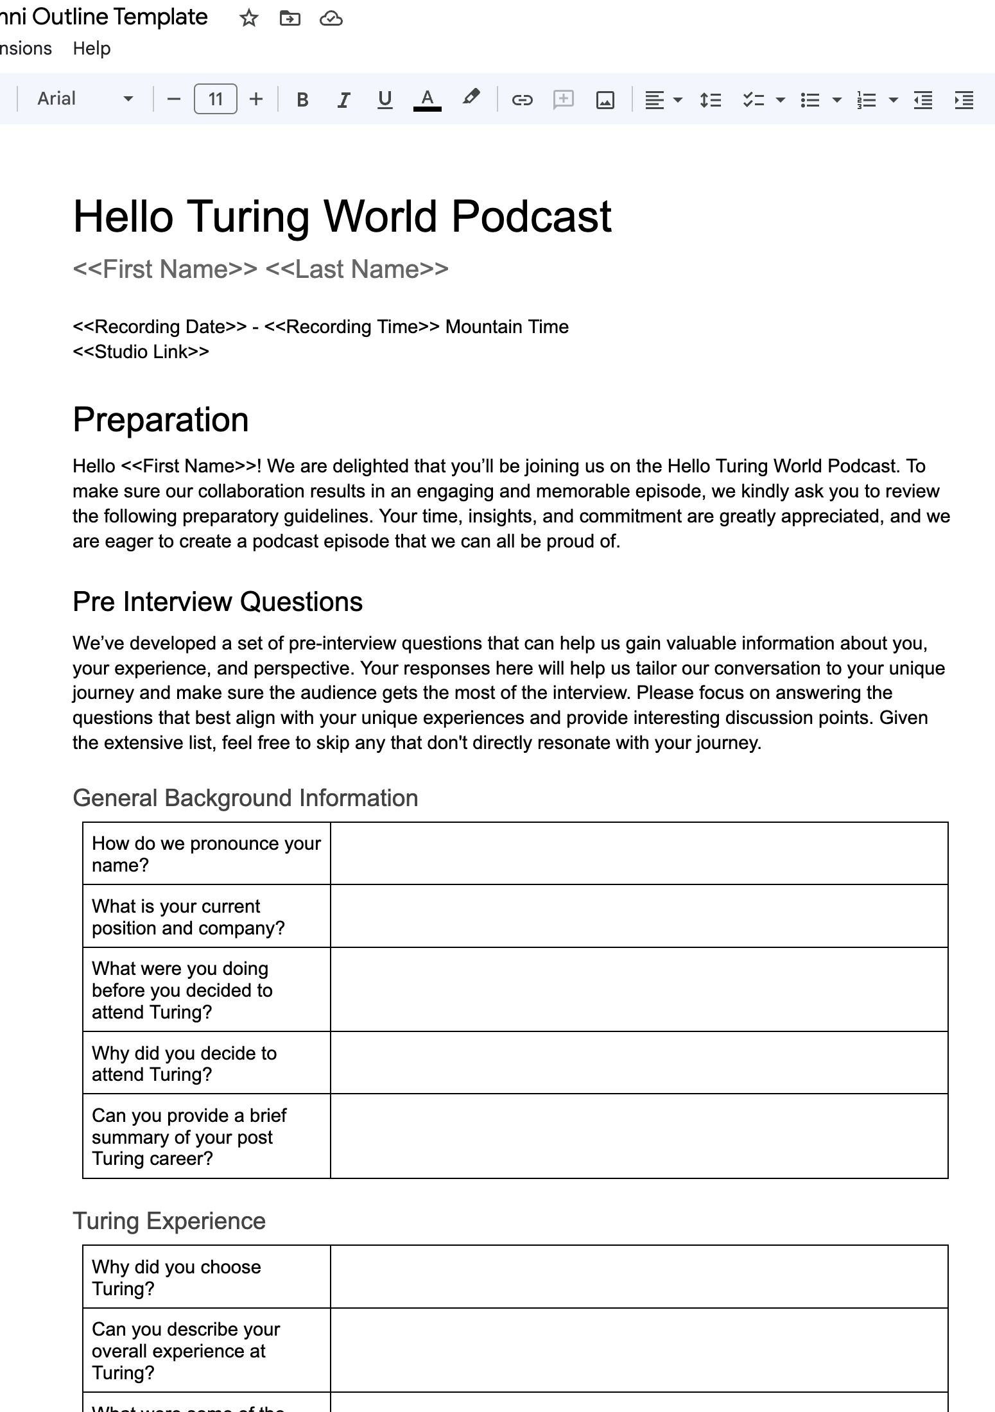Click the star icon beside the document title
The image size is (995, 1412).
tap(248, 19)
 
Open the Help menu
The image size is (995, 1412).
tap(91, 49)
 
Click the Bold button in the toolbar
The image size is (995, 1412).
tap(302, 99)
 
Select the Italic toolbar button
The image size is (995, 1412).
tap(343, 99)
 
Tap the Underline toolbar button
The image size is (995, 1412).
tap(385, 99)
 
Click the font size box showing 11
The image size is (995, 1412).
tap(215, 99)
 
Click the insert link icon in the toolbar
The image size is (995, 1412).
tap(522, 99)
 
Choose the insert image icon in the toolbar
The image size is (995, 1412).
tap(605, 99)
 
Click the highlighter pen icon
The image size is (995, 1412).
tap(471, 98)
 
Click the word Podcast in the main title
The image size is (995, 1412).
tap(531, 216)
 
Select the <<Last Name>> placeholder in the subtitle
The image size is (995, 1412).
tap(357, 270)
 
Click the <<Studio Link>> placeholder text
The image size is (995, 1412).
tap(141, 352)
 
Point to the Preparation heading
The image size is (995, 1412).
tap(160, 420)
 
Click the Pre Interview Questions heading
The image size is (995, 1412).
tap(218, 602)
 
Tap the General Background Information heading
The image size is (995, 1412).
tap(245, 798)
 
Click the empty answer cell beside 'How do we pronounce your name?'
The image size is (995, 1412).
tap(639, 854)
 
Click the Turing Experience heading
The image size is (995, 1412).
tap(169, 1221)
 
